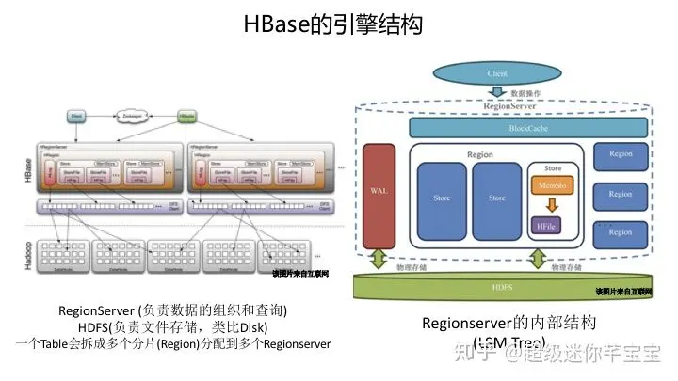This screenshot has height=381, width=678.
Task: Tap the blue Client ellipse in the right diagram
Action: (x=496, y=72)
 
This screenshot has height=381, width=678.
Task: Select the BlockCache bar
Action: (x=527, y=127)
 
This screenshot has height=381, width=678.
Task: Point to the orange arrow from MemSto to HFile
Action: (x=545, y=205)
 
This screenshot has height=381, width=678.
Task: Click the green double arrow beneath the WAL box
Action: (x=379, y=258)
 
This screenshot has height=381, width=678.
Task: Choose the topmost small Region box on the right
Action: (x=621, y=153)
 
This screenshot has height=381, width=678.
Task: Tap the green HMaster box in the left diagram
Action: (x=188, y=117)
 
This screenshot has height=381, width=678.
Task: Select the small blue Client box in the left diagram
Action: (x=77, y=117)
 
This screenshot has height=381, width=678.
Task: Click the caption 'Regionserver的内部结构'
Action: (x=508, y=325)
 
